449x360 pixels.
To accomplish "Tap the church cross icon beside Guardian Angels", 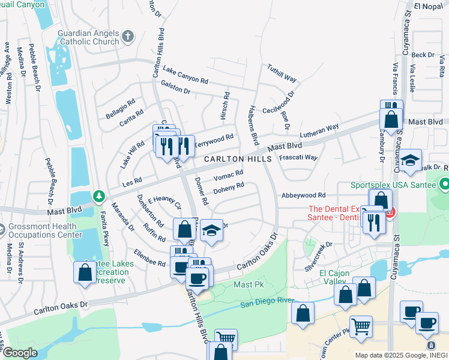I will (x=127, y=37).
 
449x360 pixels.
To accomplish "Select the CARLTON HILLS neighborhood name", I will (x=238, y=159).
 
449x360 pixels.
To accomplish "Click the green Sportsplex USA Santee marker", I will (x=444, y=182).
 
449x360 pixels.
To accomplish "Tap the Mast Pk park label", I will (x=246, y=284).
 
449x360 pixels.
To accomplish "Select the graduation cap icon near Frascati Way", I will (x=411, y=161).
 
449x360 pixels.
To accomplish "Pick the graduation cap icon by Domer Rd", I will (x=211, y=231).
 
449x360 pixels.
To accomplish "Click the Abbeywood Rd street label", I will (x=303, y=195).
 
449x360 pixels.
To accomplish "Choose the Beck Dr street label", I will (x=423, y=55).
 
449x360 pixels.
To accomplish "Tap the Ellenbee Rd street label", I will (x=149, y=259).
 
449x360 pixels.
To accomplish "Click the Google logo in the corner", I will (x=19, y=353).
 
